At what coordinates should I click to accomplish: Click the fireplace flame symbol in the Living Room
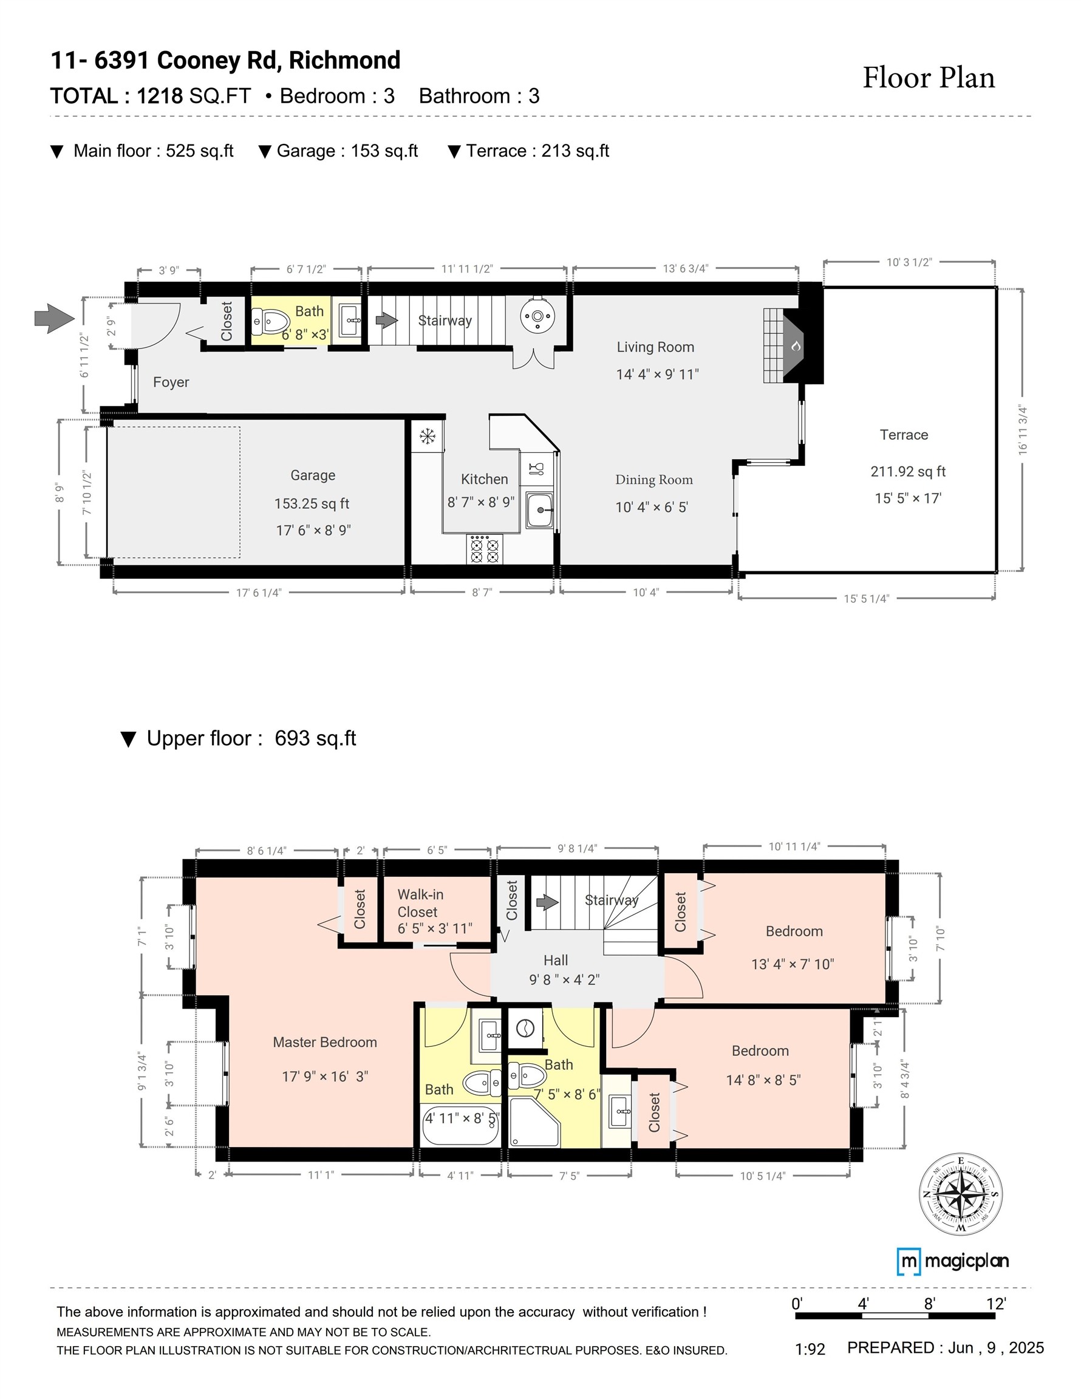coord(796,347)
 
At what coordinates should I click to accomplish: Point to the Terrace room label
coord(904,435)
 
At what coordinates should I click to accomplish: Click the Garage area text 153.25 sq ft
coord(312,503)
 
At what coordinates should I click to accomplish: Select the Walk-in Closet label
coord(420,903)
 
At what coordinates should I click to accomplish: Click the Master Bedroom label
coord(325,1042)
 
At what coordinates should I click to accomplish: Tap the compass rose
coord(961,1194)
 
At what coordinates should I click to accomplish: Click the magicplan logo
coord(952,1261)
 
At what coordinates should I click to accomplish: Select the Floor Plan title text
coord(929,78)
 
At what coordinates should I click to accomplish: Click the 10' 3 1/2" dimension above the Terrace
coord(909,262)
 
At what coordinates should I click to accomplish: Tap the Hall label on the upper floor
coord(556,960)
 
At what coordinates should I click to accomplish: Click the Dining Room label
coord(653,480)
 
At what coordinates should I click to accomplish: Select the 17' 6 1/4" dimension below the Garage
coord(258,593)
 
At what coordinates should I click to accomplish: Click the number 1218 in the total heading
coord(160,96)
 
